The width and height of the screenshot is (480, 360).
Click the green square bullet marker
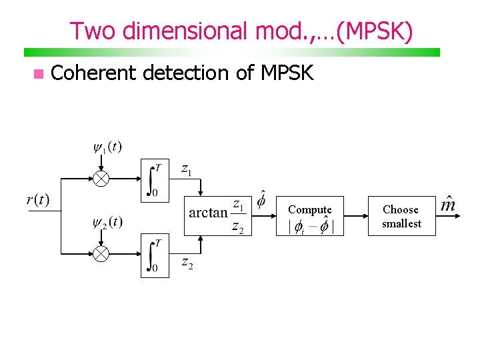(x=39, y=73)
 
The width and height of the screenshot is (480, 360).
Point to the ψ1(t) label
(x=107, y=146)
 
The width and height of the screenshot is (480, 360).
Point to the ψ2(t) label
(x=107, y=221)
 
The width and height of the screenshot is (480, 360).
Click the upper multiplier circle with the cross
(x=101, y=179)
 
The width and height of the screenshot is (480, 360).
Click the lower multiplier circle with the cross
(x=101, y=254)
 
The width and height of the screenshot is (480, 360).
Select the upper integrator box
(x=155, y=179)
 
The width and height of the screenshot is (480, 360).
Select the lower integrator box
(x=155, y=255)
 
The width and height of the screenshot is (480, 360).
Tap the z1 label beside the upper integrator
(x=187, y=169)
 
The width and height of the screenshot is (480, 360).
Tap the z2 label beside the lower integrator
(x=187, y=263)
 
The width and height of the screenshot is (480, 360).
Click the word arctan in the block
(x=208, y=213)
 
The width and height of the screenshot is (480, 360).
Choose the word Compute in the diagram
(x=309, y=209)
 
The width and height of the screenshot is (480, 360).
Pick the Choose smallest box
(x=401, y=217)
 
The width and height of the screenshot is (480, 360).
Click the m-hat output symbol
(x=448, y=203)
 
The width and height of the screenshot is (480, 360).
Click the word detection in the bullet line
(x=186, y=73)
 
